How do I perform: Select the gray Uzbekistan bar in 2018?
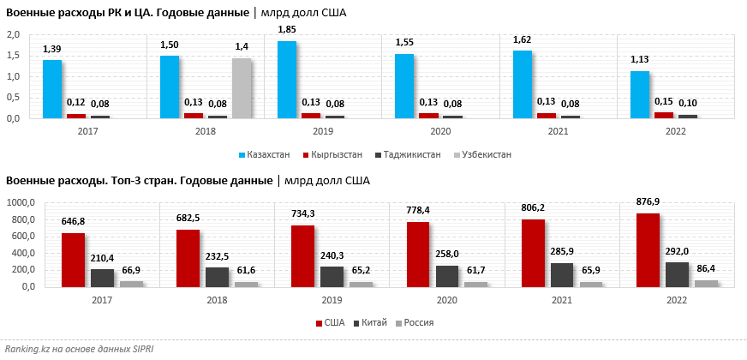242,88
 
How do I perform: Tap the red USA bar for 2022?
647,249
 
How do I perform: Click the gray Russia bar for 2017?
131,283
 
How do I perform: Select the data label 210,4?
102,257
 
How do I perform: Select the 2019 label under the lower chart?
331,301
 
